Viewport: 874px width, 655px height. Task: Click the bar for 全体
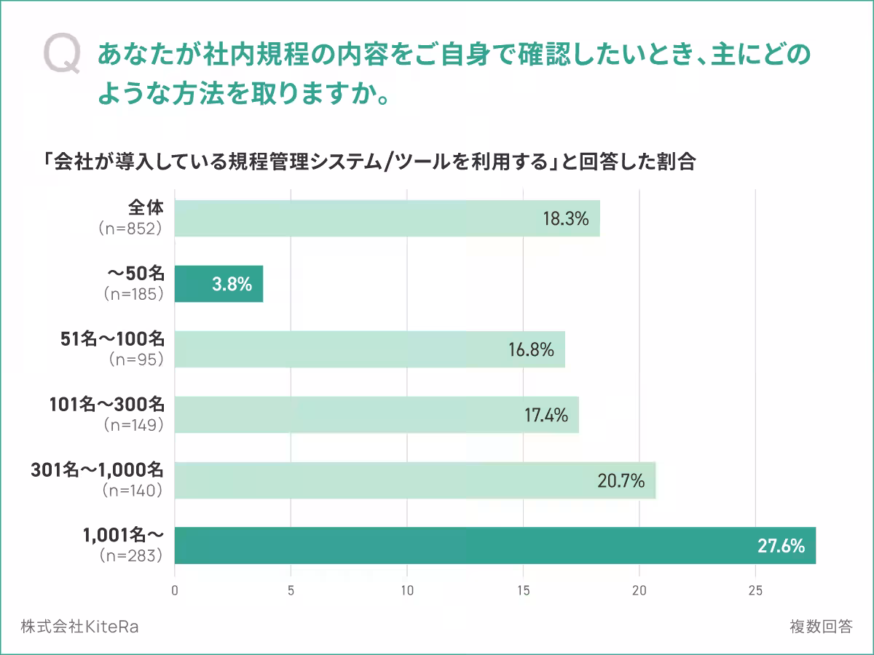387,218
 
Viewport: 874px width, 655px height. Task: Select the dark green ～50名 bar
219,284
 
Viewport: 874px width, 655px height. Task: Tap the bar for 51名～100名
369,349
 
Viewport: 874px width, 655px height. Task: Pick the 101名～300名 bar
377,415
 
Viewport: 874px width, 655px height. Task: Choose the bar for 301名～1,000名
415,480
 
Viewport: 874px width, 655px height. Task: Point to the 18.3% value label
565,218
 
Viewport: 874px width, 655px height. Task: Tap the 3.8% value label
232,285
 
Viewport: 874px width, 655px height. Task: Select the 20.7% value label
621,481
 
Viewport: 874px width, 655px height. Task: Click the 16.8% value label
531,350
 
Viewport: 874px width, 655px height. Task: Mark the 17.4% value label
546,416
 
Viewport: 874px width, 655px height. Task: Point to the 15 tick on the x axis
523,590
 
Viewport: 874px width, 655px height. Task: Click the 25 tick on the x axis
755,590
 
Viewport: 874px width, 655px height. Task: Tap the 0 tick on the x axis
175,590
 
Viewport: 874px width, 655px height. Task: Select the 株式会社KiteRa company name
79,627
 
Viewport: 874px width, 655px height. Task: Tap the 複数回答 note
820,627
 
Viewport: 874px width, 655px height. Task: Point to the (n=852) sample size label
129,228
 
